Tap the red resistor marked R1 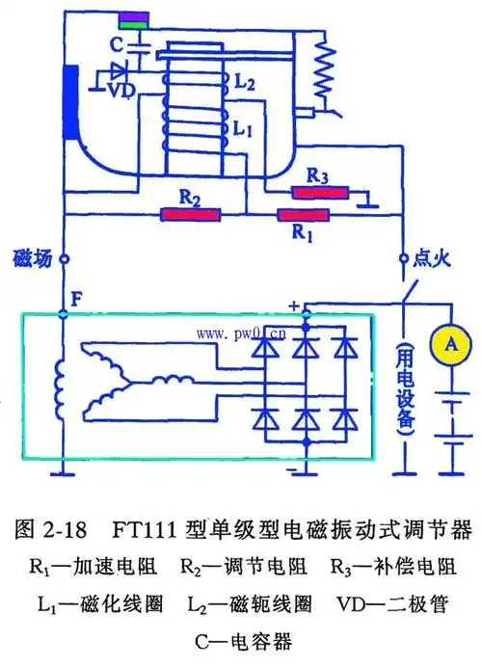point(304,214)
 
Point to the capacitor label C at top point(115,44)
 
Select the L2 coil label point(245,86)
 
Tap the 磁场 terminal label point(30,258)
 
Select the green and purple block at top point(136,20)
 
